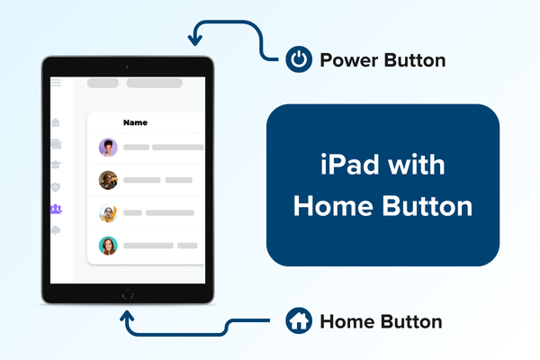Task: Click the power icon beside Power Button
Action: [297, 61]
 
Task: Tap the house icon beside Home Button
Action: [297, 320]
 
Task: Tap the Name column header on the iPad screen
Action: [135, 122]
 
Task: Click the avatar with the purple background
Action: [108, 147]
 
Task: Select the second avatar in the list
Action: [108, 180]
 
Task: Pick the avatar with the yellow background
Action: [108, 213]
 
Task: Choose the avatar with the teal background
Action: [108, 245]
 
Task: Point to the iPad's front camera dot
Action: [127, 67]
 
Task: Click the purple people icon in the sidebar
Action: [56, 209]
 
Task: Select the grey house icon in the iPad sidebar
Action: [56, 122]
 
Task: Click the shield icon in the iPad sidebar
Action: [56, 187]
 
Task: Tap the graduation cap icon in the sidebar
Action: [56, 165]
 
